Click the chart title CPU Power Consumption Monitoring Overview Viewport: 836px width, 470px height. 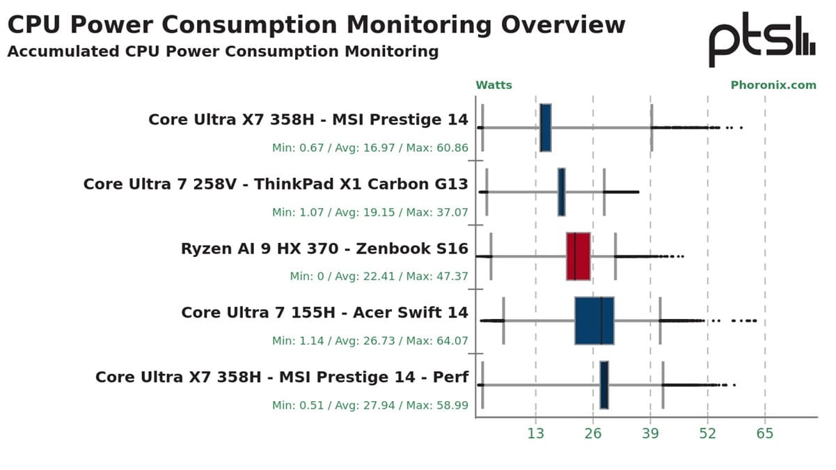click(x=316, y=24)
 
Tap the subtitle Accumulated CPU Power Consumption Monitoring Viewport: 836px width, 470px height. click(x=223, y=52)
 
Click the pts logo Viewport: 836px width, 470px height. click(x=761, y=39)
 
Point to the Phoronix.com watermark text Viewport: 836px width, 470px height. click(x=773, y=85)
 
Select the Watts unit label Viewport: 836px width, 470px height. click(x=494, y=85)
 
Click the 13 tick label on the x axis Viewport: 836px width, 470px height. click(x=535, y=434)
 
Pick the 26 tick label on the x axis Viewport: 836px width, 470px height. click(x=593, y=434)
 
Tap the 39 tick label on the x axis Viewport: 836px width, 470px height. click(x=650, y=434)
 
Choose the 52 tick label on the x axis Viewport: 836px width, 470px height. click(x=708, y=434)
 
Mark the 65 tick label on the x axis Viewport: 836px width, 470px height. click(x=765, y=434)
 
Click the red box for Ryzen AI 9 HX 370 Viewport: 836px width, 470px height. click(x=578, y=256)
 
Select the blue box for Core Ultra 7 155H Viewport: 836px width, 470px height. click(x=594, y=320)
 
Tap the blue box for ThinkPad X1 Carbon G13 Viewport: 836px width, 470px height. click(x=561, y=191)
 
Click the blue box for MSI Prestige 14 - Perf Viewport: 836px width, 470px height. click(x=604, y=385)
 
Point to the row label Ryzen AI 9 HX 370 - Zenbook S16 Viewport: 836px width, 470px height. click(x=324, y=249)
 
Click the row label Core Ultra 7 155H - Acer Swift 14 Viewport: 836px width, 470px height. click(x=324, y=313)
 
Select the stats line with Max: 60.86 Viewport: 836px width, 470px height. click(x=370, y=148)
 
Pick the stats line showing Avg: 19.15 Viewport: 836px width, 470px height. click(x=370, y=212)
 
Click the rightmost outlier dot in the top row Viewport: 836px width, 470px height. click(x=741, y=127)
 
